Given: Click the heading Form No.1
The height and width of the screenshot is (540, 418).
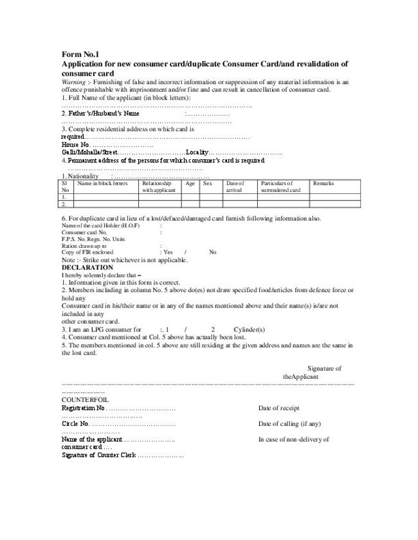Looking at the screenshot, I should click(80, 55).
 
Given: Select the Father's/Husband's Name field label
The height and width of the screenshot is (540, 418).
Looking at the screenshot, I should click(100, 113).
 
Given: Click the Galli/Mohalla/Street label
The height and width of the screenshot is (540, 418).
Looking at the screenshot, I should click(89, 152).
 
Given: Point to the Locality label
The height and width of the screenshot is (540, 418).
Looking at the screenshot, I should click(197, 152).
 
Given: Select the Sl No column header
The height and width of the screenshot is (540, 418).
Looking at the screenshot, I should click(65, 187).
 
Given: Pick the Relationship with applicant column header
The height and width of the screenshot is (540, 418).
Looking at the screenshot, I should click(158, 187).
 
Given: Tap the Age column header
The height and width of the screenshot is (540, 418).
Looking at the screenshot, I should click(190, 184).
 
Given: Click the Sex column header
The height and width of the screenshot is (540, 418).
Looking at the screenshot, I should click(208, 184).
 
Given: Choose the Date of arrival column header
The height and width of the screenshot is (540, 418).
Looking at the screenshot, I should click(235, 187).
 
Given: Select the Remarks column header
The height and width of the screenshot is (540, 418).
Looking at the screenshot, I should click(323, 184).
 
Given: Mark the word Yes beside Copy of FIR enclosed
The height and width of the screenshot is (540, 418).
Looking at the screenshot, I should click(168, 252).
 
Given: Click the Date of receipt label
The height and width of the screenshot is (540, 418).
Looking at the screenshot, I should click(278, 408).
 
